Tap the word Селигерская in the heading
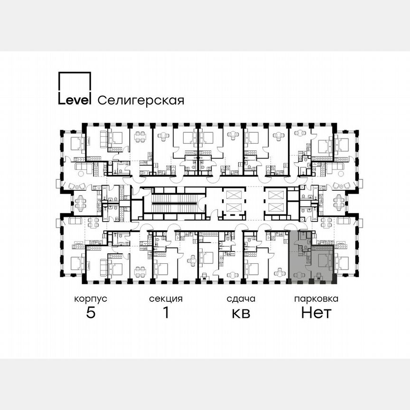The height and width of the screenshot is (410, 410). (x=140, y=101)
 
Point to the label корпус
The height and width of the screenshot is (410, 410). (x=90, y=299)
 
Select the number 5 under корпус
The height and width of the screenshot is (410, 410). (x=90, y=313)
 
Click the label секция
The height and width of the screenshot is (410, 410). (x=166, y=299)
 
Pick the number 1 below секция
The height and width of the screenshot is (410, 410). (x=166, y=313)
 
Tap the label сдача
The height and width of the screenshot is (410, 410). (x=241, y=299)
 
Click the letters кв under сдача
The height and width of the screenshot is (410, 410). (x=241, y=313)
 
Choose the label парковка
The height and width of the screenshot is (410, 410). (x=316, y=299)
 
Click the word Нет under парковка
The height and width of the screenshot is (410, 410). (x=316, y=313)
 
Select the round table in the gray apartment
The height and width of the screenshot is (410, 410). (x=300, y=275)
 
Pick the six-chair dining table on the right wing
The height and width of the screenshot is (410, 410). (x=338, y=204)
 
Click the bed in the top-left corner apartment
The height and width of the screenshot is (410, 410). (x=76, y=142)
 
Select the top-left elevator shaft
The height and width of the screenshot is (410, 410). (x=233, y=195)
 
